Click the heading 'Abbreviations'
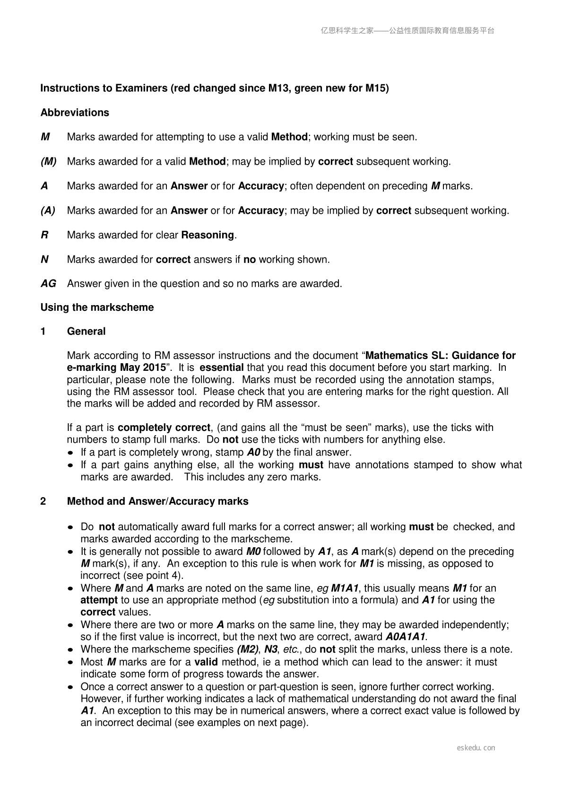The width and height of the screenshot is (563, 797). click(75, 113)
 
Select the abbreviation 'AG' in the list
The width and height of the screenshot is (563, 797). click(48, 284)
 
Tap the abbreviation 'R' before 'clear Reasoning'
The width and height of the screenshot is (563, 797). click(44, 235)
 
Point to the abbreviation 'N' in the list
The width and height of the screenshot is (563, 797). click(45, 260)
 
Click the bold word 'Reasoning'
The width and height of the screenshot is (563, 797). click(208, 235)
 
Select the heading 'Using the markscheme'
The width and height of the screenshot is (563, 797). click(97, 307)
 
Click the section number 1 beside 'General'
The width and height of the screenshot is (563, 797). click(43, 332)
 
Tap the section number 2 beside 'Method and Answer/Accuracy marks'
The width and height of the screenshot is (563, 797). click(43, 501)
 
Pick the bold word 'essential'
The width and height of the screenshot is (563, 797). click(222, 368)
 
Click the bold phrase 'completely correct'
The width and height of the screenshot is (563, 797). click(164, 428)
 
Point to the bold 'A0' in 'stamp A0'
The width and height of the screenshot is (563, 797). click(254, 452)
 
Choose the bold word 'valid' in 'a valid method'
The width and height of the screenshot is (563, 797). click(206, 662)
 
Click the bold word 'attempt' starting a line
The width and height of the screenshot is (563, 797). click(99, 600)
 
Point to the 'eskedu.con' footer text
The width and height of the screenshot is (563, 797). click(476, 748)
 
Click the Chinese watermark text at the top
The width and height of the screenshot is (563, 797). click(407, 31)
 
